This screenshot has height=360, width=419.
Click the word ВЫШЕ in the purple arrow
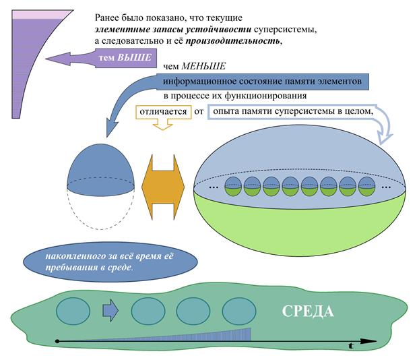point(135,57)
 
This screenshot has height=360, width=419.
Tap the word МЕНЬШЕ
point(203,66)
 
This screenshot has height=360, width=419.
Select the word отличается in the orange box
point(163,111)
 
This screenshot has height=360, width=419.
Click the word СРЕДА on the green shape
point(308,311)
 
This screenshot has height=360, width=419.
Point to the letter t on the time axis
point(351,346)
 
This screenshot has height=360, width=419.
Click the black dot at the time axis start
point(57,341)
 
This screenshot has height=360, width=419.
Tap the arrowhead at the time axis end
point(368,341)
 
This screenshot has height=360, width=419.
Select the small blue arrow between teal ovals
point(110,311)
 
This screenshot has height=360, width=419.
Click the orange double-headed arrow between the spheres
point(163,187)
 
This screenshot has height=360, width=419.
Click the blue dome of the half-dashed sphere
point(101,169)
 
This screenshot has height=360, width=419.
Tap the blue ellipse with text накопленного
point(110,262)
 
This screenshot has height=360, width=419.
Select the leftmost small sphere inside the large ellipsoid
point(233,186)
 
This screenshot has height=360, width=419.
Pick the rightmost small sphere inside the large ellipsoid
point(366,186)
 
